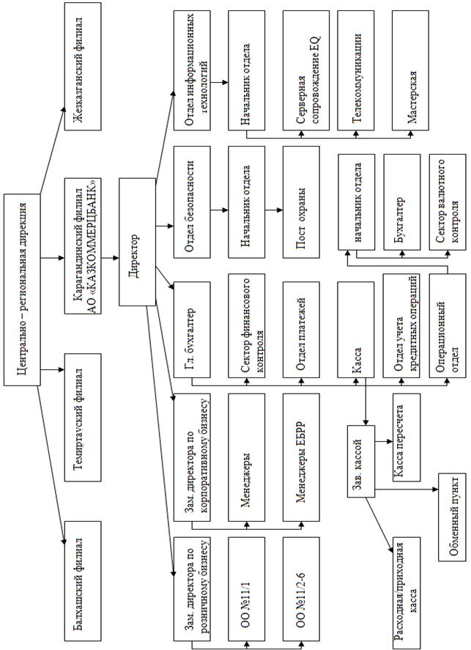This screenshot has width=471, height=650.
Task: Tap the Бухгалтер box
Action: pyautogui.click(x=402, y=201)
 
